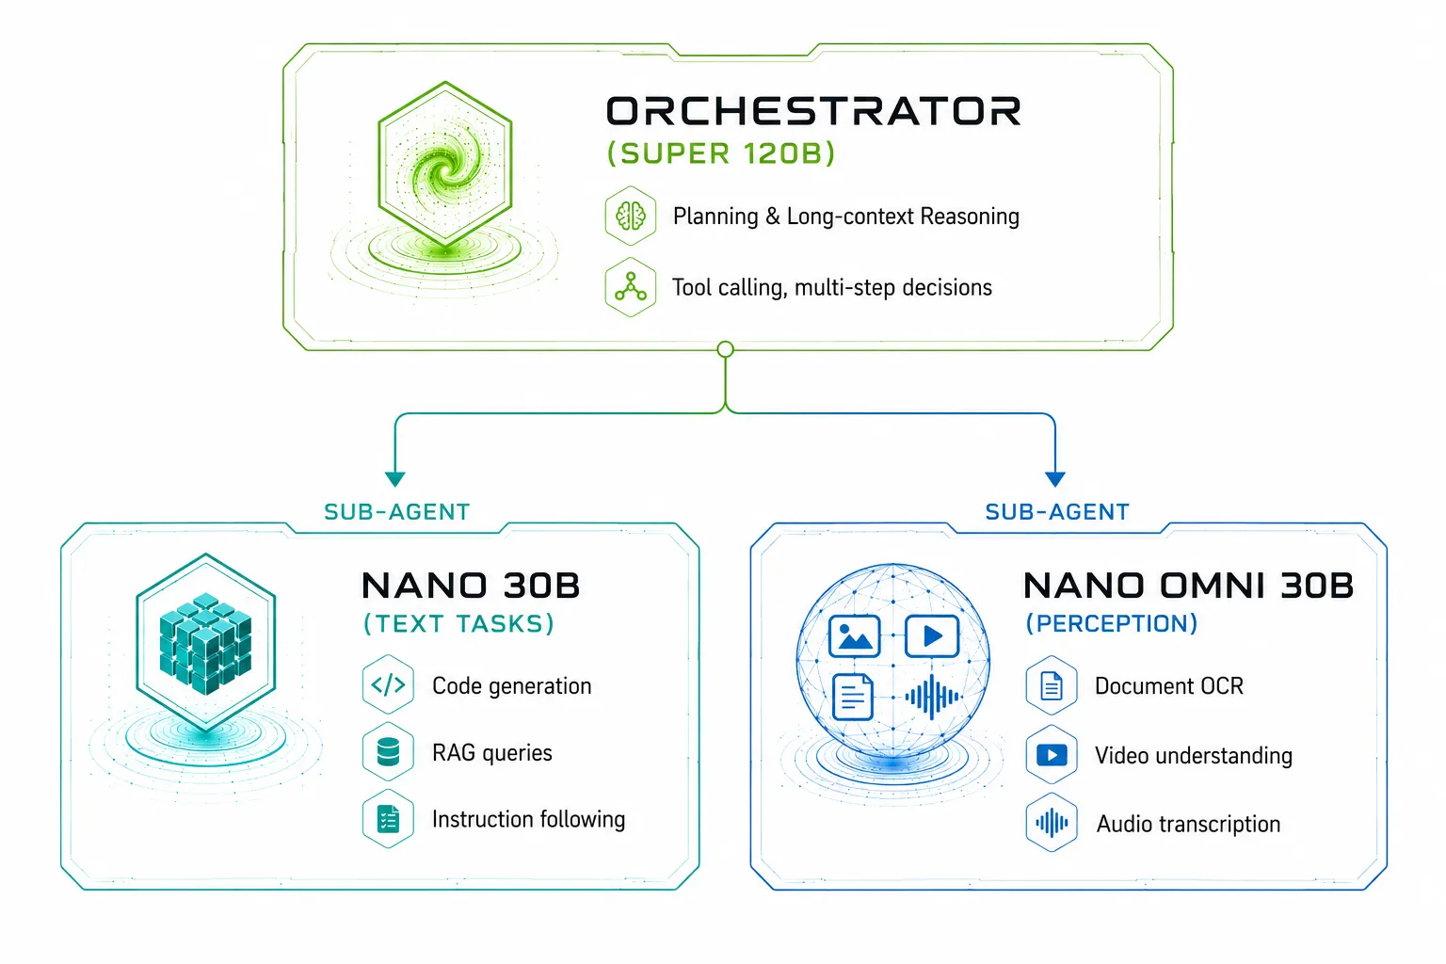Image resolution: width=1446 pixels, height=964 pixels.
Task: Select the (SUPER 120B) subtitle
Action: pos(721,153)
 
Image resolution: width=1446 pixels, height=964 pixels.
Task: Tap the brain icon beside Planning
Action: pos(631,216)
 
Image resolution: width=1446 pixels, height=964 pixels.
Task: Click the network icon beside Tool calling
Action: pos(631,287)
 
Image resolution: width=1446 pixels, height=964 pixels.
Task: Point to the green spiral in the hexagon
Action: pos(445,169)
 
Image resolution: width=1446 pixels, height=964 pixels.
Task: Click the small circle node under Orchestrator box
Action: pos(726,349)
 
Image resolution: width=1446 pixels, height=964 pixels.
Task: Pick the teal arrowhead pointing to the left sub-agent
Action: pos(395,478)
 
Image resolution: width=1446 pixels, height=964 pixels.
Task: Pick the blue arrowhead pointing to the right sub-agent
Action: pos(1054,478)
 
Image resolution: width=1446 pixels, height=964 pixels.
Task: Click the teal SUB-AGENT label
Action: pos(397,512)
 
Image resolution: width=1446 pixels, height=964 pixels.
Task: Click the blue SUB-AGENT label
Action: pos(1057,512)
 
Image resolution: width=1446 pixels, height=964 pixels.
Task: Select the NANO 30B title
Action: pos(471,586)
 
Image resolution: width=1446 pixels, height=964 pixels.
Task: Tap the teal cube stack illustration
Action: pos(205,643)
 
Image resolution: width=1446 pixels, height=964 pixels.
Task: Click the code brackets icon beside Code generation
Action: pos(388,685)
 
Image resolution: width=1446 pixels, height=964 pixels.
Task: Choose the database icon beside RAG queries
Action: pos(388,752)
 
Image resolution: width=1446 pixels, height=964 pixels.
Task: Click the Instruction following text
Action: pos(529,819)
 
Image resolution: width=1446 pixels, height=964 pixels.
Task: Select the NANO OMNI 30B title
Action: pos(1188,586)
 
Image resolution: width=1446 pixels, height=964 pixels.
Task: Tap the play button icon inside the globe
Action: pos(932,636)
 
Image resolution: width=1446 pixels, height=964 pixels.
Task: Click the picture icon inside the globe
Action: pos(854,636)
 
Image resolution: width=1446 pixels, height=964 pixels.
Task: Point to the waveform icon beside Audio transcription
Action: pos(1052,823)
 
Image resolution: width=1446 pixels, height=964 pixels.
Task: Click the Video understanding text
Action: pos(1194,755)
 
